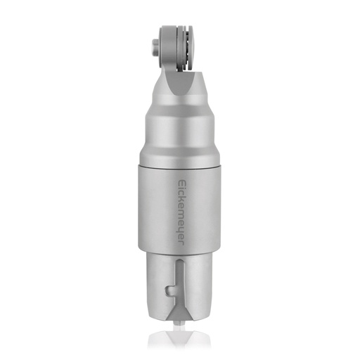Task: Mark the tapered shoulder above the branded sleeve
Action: click(180, 141)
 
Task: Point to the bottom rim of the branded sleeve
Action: click(180, 252)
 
